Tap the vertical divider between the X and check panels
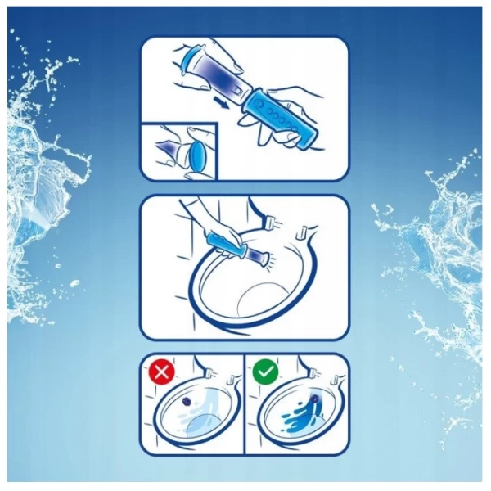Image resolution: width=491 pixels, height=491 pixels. click(245, 405)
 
